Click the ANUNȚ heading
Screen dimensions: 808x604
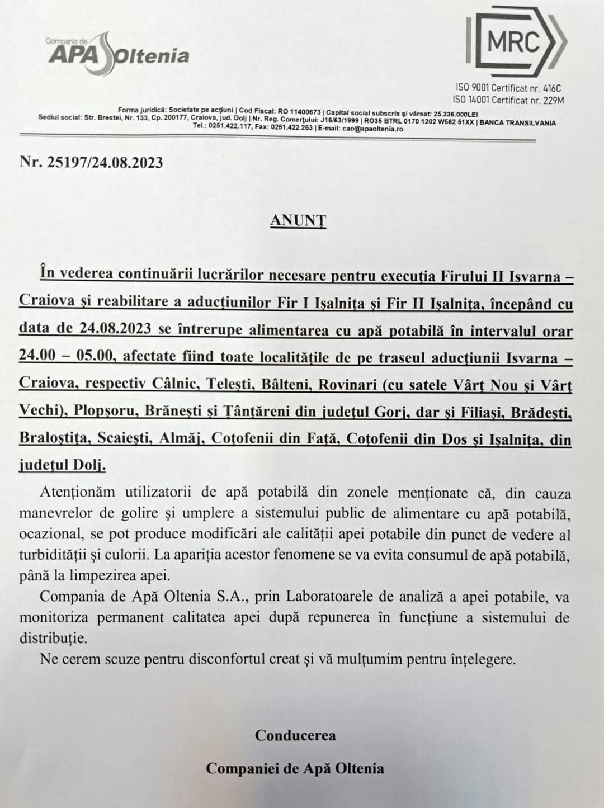[298, 220]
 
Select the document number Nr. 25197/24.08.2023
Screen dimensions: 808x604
[91, 162]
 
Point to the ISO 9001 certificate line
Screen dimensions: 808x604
[508, 88]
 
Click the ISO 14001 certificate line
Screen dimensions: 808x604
[508, 100]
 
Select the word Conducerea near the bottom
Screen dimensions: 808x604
[295, 735]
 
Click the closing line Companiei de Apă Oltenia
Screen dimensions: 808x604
[295, 768]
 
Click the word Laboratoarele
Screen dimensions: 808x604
[329, 597]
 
